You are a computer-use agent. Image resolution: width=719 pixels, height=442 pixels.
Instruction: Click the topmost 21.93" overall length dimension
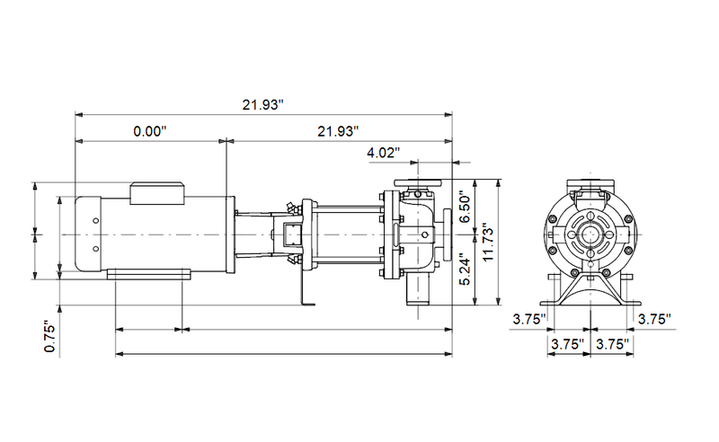click(262, 105)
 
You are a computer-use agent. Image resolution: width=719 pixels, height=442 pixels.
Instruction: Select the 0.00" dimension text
click(150, 131)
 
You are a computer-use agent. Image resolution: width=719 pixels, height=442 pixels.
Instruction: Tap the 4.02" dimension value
click(384, 153)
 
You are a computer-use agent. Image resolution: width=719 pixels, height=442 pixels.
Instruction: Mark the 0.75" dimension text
click(50, 336)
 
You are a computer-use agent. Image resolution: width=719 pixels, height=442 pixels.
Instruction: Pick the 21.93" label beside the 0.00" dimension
click(338, 131)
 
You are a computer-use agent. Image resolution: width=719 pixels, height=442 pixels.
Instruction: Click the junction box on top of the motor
click(158, 190)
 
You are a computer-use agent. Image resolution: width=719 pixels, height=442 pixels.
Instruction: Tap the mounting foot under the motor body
click(149, 273)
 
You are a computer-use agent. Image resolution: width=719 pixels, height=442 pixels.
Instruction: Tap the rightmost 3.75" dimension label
click(653, 318)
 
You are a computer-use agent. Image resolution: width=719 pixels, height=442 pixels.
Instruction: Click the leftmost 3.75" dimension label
click(528, 318)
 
